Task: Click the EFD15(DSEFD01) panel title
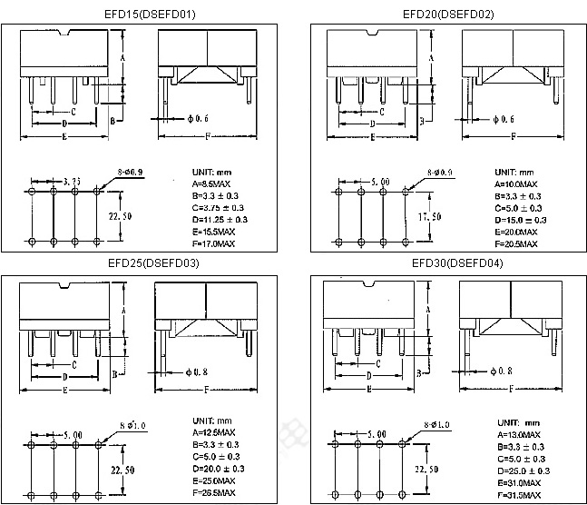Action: (151, 14)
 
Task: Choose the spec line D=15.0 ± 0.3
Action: (521, 220)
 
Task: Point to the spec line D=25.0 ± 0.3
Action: (523, 470)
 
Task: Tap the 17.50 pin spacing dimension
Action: (429, 217)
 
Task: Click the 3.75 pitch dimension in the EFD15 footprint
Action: (73, 183)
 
